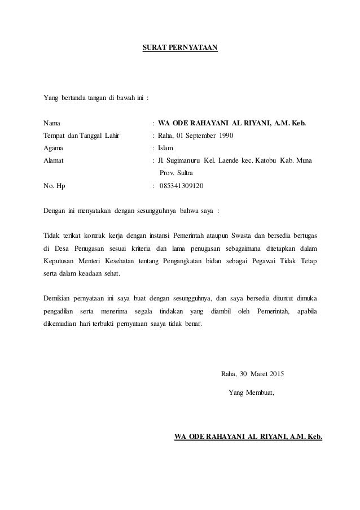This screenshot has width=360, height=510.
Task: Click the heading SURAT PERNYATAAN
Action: point(179,45)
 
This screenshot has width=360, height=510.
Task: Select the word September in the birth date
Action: point(195,135)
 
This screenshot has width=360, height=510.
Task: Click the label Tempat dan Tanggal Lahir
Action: point(82,135)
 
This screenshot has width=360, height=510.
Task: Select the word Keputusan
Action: point(62,261)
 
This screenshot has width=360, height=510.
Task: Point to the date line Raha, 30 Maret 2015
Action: point(253,374)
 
